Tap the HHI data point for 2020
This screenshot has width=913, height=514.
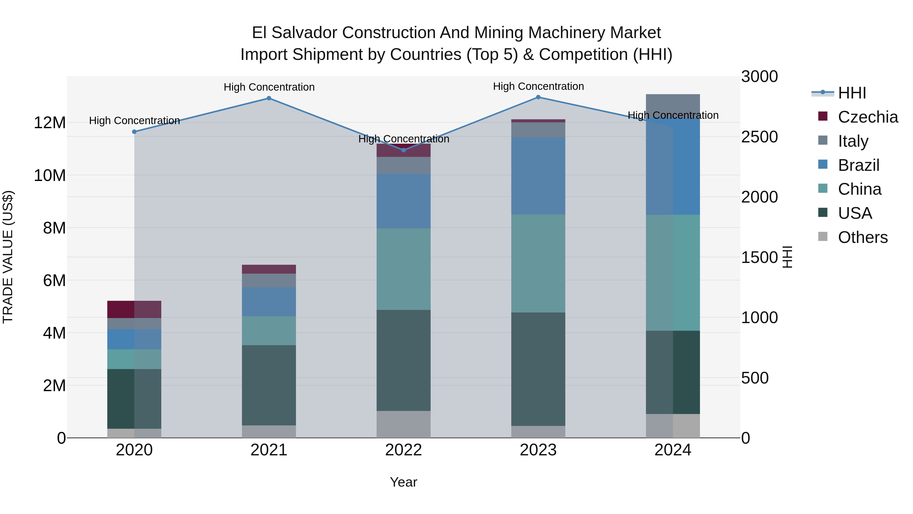134,131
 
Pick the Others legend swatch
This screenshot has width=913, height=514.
823,237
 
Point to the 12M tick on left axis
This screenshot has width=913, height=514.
50,123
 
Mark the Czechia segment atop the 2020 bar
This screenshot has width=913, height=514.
134,309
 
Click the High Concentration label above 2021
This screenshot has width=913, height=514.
269,87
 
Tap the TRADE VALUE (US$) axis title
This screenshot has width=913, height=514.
8,257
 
